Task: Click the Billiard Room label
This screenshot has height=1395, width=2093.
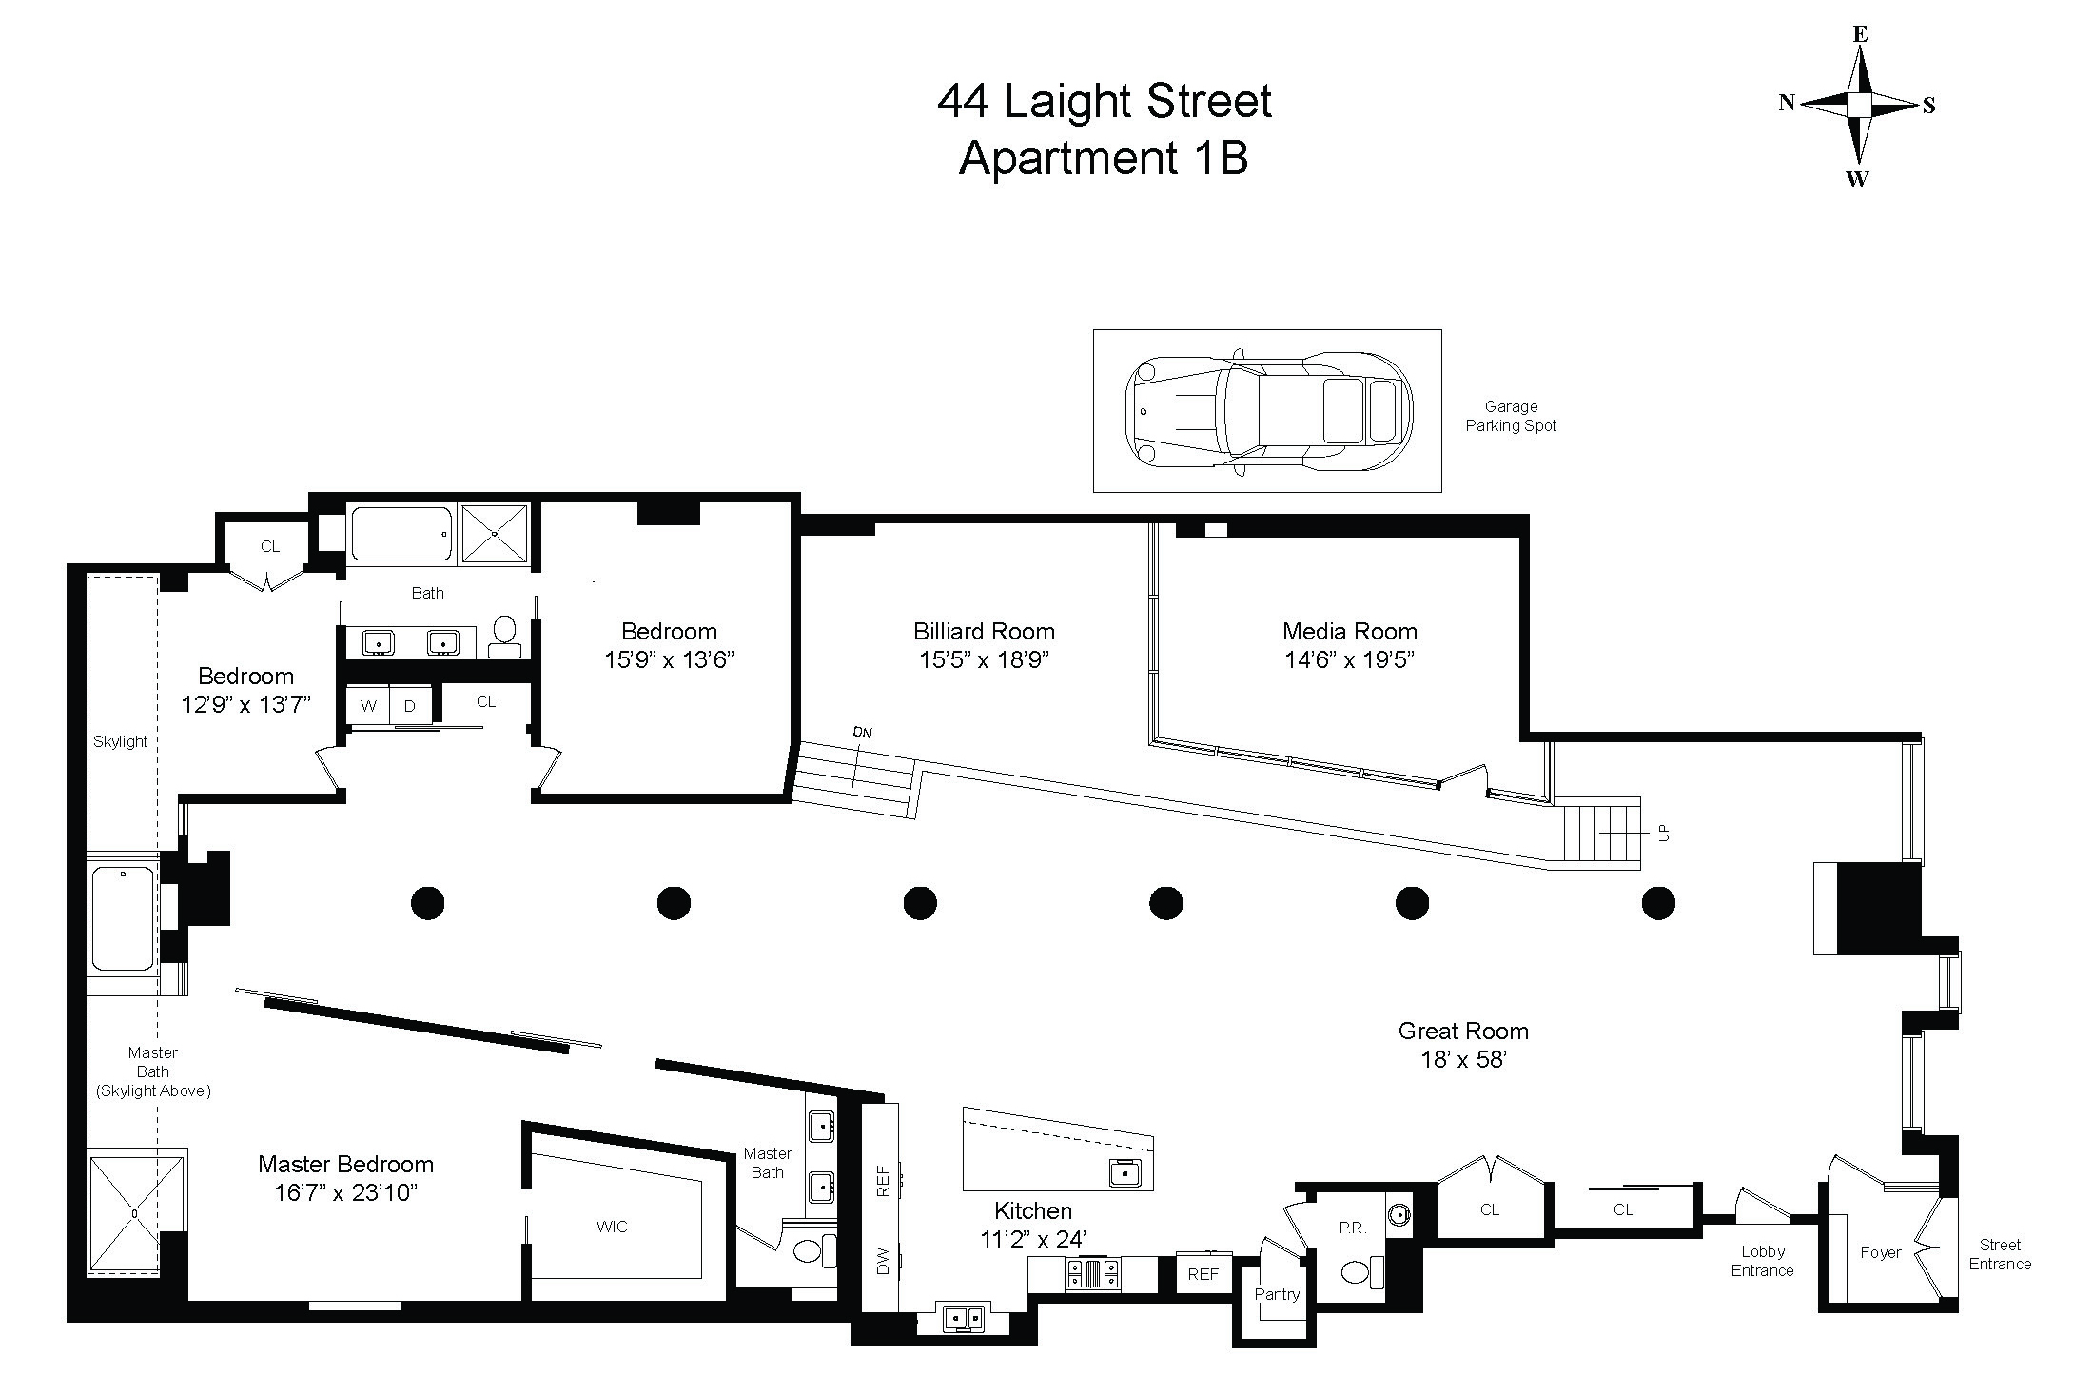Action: [984, 631]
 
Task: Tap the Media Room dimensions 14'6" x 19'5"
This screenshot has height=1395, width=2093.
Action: [1349, 659]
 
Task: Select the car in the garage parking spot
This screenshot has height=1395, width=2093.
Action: [1268, 412]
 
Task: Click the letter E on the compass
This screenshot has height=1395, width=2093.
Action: [1860, 34]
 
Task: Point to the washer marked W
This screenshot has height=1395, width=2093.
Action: [368, 706]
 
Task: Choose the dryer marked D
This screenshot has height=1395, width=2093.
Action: [410, 706]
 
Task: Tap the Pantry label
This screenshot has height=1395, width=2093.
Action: [1277, 1294]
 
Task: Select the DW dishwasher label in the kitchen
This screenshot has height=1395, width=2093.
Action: [882, 1262]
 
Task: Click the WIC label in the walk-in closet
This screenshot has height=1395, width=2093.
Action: [612, 1227]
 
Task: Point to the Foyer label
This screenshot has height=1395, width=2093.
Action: [1880, 1252]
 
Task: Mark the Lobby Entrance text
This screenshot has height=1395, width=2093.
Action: [1762, 1261]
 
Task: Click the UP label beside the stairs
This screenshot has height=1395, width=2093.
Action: [1663, 833]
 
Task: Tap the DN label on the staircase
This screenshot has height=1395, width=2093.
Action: [862, 733]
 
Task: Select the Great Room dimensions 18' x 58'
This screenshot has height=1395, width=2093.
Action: [1463, 1059]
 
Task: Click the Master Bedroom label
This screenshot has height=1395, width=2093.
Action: [345, 1164]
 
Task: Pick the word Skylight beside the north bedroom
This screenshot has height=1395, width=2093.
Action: [120, 741]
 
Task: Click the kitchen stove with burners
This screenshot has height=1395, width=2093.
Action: [1092, 1273]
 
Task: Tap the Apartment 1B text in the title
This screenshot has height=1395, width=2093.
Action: [1104, 158]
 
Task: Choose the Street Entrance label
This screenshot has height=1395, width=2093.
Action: [2000, 1254]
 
